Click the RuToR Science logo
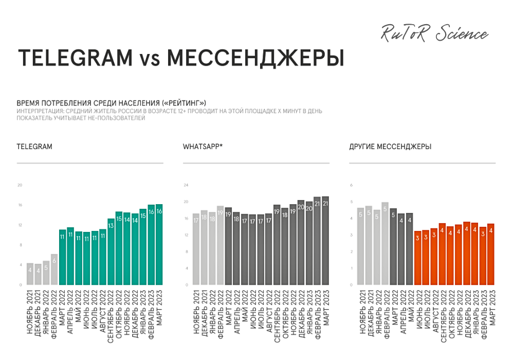click(x=434, y=34)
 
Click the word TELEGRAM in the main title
click(x=75, y=58)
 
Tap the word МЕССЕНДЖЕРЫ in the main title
click(x=255, y=58)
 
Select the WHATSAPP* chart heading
click(x=203, y=147)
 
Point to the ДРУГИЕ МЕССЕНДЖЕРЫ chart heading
click(x=390, y=147)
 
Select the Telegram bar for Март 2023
click(x=159, y=244)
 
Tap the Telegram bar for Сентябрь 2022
click(x=111, y=251)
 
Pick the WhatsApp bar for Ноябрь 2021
click(x=196, y=249)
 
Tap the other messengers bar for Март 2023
click(x=490, y=254)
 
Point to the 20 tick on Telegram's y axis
click(x=20, y=185)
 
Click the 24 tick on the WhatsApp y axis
click(x=187, y=185)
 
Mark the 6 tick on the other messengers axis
click(x=352, y=185)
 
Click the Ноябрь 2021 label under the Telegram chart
click(x=30, y=314)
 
